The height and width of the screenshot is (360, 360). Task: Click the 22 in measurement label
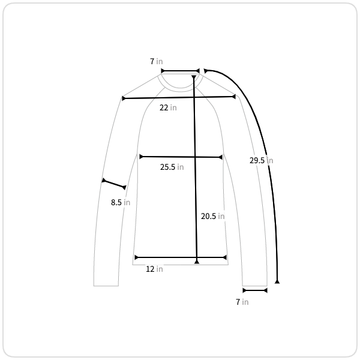[168, 107]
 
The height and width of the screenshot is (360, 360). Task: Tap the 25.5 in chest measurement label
[172, 167]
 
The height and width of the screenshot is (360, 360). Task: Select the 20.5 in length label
[212, 216]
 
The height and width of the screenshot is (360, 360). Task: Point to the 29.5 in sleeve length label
[261, 160]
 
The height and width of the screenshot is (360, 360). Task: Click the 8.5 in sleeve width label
[121, 203]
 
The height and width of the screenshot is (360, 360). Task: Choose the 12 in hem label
[154, 269]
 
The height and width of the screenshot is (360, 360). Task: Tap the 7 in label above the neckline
[157, 61]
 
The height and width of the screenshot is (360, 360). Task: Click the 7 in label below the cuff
[242, 302]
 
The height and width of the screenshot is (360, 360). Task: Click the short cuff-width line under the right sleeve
[255, 290]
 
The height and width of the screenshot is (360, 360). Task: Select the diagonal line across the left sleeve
[114, 184]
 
